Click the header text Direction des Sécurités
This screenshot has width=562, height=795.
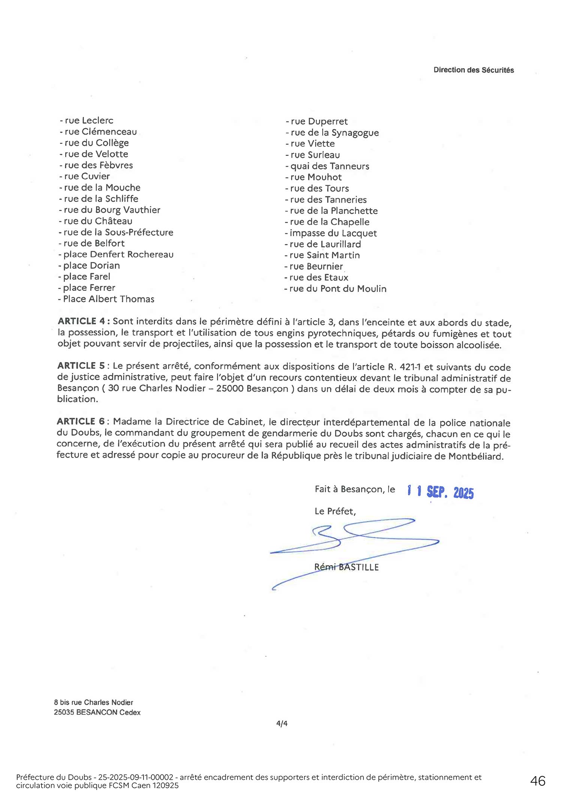pos(474,70)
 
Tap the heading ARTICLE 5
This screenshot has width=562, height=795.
pos(81,366)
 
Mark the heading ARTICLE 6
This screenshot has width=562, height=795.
pos(81,421)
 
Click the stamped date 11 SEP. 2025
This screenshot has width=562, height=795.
pos(441,491)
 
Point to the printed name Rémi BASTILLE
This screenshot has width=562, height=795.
pos(347,567)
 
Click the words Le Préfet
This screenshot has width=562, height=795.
pos(335,511)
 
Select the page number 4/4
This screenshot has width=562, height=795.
pos(282,723)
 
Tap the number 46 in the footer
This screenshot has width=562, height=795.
pos(538,781)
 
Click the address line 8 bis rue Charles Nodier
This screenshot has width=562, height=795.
pos(94,702)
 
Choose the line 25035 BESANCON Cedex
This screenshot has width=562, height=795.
pos(97,712)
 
